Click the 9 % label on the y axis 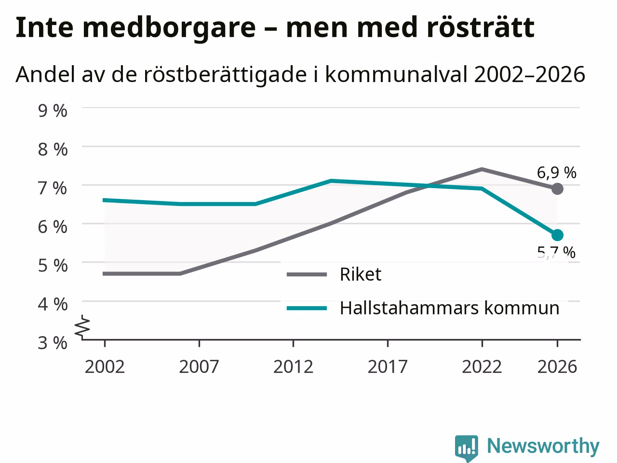tap(53, 111)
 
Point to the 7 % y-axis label tap(53, 188)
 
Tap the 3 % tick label tap(53, 343)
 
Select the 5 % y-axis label tap(53, 266)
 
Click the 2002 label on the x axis tap(105, 367)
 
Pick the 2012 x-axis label tap(293, 367)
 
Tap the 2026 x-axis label tap(557, 367)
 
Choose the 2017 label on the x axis tap(388, 367)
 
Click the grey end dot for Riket tap(557, 189)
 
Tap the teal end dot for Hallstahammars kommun tap(557, 235)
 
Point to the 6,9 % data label tap(557, 172)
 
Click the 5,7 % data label tap(556, 252)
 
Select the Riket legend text tap(361, 274)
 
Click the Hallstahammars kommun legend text tap(449, 308)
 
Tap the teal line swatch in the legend tap(307, 308)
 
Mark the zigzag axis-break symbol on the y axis tap(82, 326)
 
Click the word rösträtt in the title tap(481, 27)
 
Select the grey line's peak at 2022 tap(482, 169)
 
